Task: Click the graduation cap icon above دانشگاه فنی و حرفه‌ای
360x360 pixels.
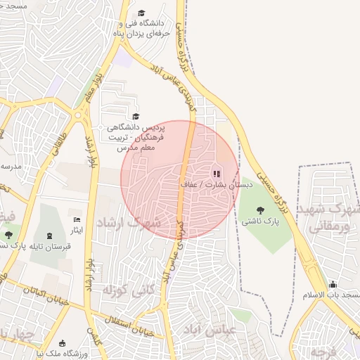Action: point(141,13)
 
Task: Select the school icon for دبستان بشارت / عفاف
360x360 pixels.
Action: point(216,173)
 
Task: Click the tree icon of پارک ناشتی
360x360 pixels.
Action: point(261,210)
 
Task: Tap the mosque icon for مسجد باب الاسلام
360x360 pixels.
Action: point(333,284)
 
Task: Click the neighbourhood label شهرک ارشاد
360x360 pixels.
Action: point(136,222)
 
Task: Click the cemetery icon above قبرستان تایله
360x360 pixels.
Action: point(49,236)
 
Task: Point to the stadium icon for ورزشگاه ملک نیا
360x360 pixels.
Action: point(63,343)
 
